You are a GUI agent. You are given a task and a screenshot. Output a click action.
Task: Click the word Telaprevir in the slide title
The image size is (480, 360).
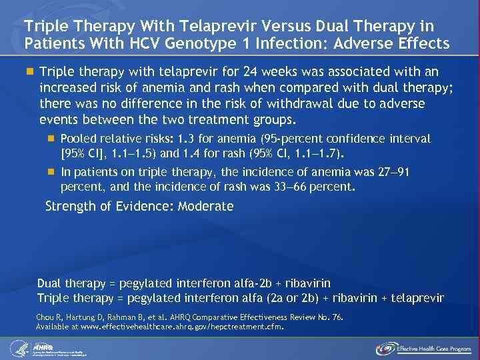pos(190,26)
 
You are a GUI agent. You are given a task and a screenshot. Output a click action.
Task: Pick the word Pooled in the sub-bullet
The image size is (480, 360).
pos(77,139)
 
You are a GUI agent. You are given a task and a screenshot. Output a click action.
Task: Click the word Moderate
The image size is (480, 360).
pos(206,206)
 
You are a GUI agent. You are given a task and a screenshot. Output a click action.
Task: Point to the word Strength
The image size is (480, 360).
pos(68,206)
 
